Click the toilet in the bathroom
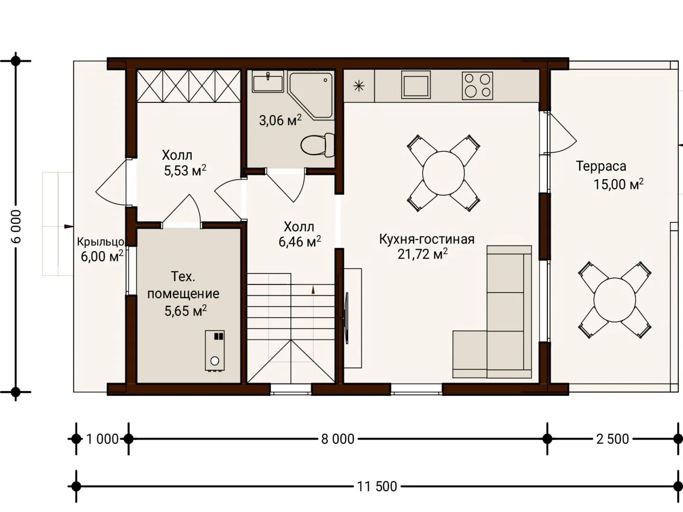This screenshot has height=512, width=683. point(317,145)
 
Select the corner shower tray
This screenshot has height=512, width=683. point(311,95)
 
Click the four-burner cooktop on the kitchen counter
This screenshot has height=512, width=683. point(477,85)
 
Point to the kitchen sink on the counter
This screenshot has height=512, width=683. point(416,84)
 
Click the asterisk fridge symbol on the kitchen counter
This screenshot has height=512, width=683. point(359,86)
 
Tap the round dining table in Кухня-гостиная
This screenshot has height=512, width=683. point(443,173)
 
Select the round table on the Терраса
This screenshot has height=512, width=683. point(615,300)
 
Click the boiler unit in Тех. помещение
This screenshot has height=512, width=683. point(215,351)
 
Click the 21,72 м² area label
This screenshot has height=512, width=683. point(423,254)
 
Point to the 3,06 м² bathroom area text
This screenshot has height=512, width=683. point(280,120)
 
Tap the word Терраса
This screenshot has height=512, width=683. point(601,166)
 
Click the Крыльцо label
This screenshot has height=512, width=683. point(101,242)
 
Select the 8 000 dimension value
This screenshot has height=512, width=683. point(338,439)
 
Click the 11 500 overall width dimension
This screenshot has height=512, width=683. point(377,486)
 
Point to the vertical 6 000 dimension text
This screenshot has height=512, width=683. point(16,226)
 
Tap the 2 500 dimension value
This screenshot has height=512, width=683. point(612,439)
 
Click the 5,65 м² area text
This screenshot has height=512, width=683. point(185,311)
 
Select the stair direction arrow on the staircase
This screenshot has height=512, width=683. point(314,290)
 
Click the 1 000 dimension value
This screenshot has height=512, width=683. point(102,439)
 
